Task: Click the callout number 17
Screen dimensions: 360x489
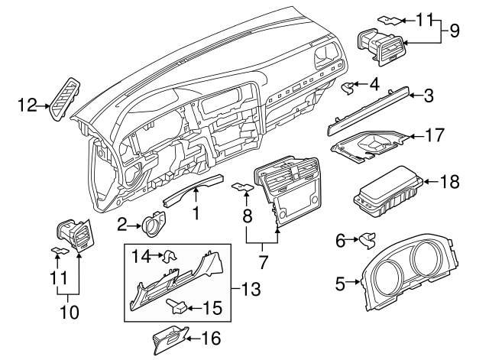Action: point(434,138)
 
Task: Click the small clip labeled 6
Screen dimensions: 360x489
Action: point(366,241)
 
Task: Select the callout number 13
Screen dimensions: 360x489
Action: point(251,290)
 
